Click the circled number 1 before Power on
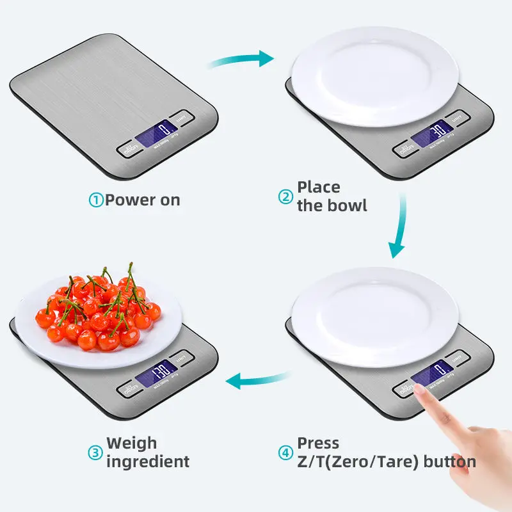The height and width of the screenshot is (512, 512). [95, 200]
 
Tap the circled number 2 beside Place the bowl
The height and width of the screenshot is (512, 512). [285, 196]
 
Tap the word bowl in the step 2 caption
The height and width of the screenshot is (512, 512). [349, 205]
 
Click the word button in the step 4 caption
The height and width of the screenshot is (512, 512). [452, 461]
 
